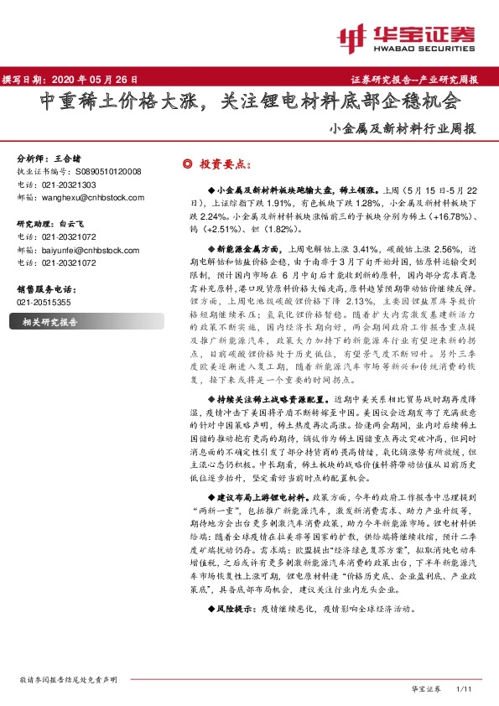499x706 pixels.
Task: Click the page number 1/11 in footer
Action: point(461,688)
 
